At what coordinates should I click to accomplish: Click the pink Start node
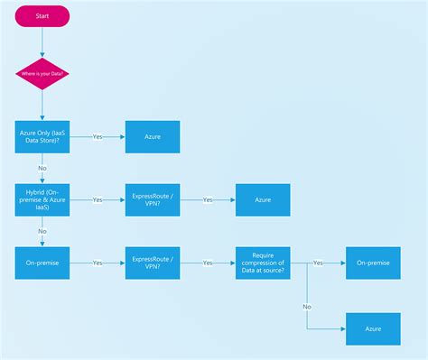[x=42, y=16]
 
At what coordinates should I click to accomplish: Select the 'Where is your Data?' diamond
[x=42, y=73]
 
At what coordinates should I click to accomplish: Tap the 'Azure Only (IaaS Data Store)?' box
[x=42, y=136]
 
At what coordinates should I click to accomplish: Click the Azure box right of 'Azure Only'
[x=152, y=136]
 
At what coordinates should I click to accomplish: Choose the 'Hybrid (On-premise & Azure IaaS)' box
[x=42, y=199]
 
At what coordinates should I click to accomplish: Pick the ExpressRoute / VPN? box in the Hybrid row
[x=152, y=199]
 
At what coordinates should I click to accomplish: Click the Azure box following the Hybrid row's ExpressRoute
[x=263, y=199]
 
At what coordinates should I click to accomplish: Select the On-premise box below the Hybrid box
[x=42, y=263]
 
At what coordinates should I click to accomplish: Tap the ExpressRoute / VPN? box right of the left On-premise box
[x=152, y=263]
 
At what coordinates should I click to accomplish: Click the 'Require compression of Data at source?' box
[x=263, y=263]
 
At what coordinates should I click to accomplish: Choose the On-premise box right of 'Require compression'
[x=373, y=263]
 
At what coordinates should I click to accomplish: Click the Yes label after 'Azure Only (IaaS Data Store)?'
[x=98, y=136]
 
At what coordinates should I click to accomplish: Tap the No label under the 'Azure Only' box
[x=42, y=168]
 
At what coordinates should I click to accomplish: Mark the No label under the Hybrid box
[x=42, y=231]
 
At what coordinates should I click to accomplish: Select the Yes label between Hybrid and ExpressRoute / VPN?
[x=98, y=199]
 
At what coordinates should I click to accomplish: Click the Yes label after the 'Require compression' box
[x=318, y=263]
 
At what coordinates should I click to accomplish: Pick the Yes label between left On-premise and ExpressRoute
[x=98, y=263]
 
